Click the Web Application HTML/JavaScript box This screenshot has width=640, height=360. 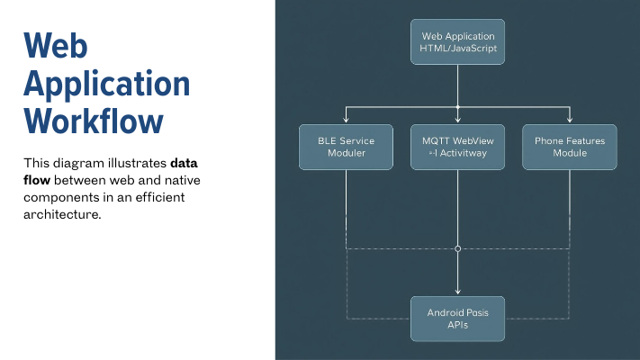click(x=457, y=41)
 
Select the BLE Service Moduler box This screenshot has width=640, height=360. click(x=346, y=147)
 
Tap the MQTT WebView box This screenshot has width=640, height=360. click(x=457, y=147)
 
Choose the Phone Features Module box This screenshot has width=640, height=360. click(x=569, y=147)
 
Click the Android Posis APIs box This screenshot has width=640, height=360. click(x=457, y=319)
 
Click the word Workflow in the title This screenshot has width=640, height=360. click(x=94, y=121)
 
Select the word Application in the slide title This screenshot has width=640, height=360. click(x=106, y=84)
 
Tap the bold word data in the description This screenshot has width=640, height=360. click(x=185, y=164)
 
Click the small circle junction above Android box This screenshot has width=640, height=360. click(x=457, y=247)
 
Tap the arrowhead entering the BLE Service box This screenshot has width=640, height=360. click(x=346, y=121)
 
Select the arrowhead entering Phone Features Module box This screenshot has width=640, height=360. click(x=569, y=121)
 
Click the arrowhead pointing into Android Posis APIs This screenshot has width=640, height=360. click(x=457, y=292)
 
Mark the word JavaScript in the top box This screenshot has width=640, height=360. click(x=473, y=48)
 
